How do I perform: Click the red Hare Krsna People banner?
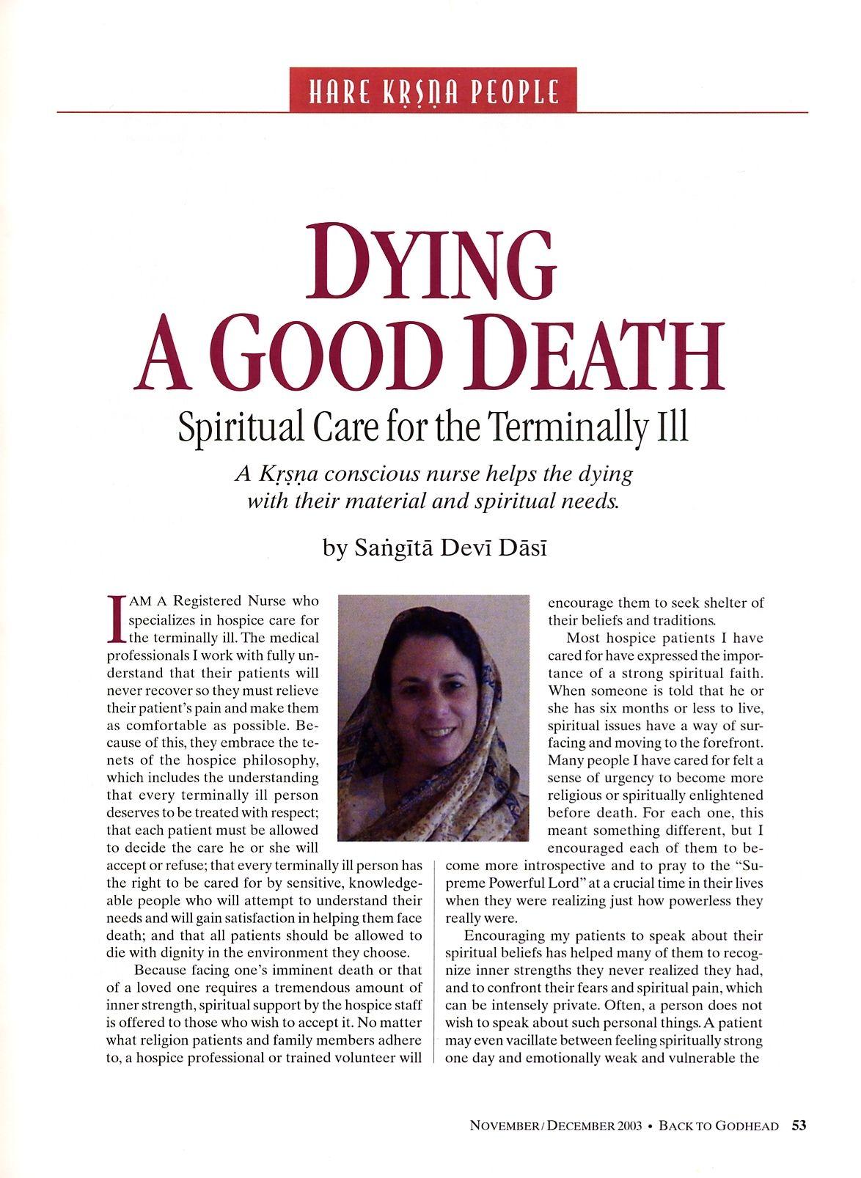(433, 90)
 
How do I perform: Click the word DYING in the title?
(430, 265)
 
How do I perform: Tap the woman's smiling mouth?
(437, 731)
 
